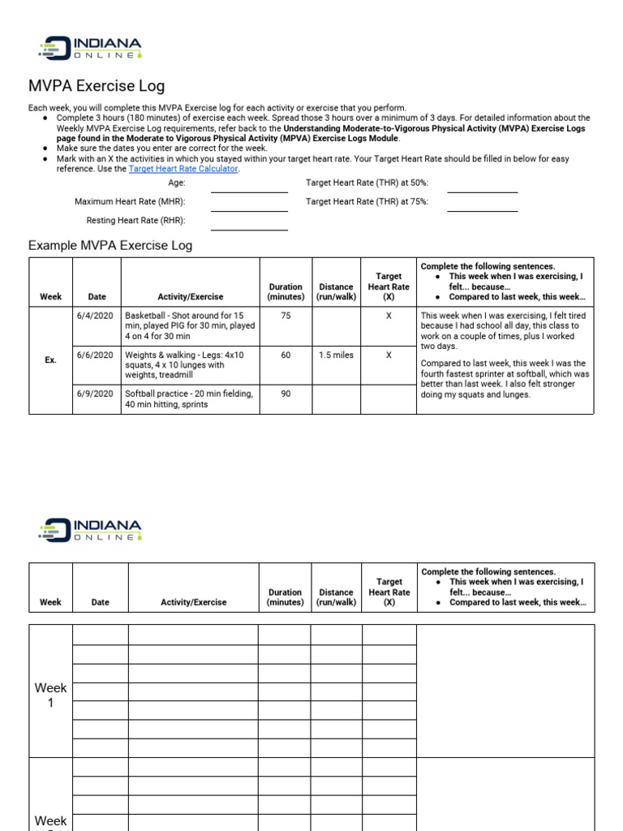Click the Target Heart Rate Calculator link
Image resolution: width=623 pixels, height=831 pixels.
pyautogui.click(x=183, y=169)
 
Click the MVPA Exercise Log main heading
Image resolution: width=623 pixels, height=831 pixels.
pyautogui.click(x=97, y=86)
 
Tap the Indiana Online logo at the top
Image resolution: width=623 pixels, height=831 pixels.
pyautogui.click(x=90, y=47)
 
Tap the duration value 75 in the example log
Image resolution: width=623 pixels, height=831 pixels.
pyautogui.click(x=286, y=316)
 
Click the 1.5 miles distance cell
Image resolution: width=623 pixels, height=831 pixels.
pyautogui.click(x=336, y=355)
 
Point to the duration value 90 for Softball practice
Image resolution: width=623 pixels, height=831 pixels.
pyautogui.click(x=286, y=394)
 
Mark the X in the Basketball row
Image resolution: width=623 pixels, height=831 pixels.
pyautogui.click(x=389, y=316)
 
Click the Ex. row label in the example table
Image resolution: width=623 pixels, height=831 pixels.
pyautogui.click(x=50, y=360)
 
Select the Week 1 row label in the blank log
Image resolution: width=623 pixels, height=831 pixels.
pyautogui.click(x=50, y=695)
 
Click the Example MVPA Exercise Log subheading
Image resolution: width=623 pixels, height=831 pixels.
pyautogui.click(x=110, y=245)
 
